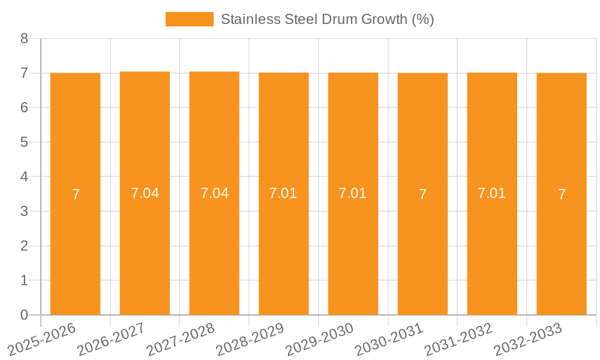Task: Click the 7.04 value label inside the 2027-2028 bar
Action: pyautogui.click(x=214, y=193)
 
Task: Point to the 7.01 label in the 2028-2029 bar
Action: pyautogui.click(x=284, y=193)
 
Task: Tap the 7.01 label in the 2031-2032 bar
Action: pyautogui.click(x=492, y=193)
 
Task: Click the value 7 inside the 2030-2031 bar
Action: pyautogui.click(x=422, y=194)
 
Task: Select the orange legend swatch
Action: pyautogui.click(x=189, y=19)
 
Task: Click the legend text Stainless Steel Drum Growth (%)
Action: pyautogui.click(x=327, y=19)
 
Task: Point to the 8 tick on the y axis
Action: pyautogui.click(x=24, y=39)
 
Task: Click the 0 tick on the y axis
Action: pyautogui.click(x=24, y=315)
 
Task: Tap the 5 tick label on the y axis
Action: pyautogui.click(x=24, y=142)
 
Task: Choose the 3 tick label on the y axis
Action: pyautogui.click(x=24, y=211)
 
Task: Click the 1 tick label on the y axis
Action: pyautogui.click(x=24, y=280)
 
